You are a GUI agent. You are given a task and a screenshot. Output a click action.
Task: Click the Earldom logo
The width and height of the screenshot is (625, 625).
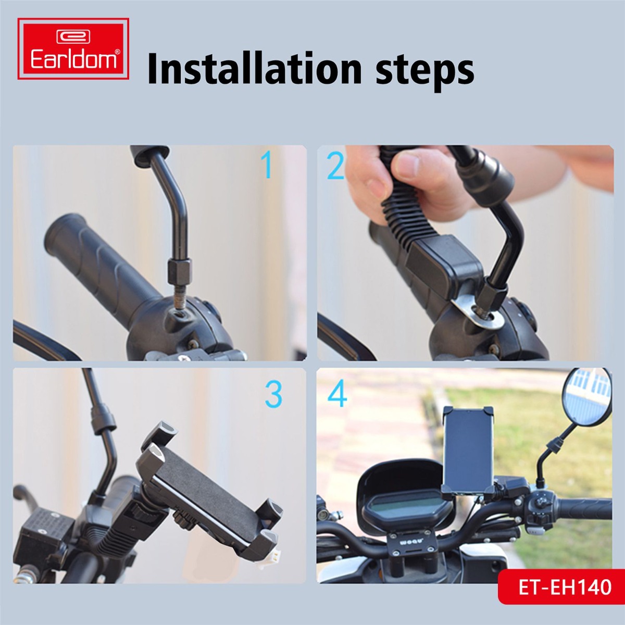coord(73,48)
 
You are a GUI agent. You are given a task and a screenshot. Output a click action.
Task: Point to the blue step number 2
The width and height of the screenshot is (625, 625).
coord(335,166)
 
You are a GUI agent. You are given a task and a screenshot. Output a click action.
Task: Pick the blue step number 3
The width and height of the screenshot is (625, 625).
coord(273,394)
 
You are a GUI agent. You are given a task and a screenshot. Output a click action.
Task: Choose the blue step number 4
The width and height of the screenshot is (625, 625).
coord(337,394)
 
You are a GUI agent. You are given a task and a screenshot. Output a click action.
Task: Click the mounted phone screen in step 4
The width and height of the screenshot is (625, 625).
coord(469,452)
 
